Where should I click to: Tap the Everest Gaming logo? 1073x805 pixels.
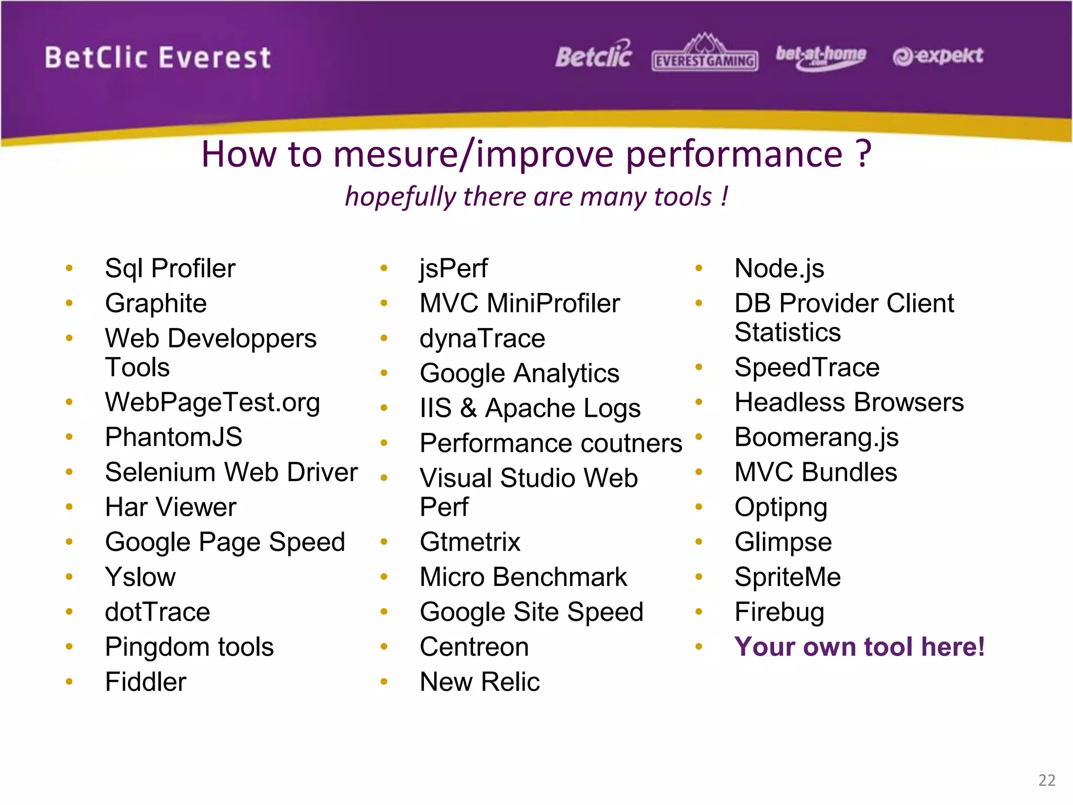click(705, 54)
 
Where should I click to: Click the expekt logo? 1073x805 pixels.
click(938, 56)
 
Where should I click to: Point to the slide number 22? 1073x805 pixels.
click(1047, 780)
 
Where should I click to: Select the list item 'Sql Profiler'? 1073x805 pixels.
click(170, 268)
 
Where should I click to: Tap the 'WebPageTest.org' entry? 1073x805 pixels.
click(212, 402)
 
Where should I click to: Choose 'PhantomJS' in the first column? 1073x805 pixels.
click(173, 437)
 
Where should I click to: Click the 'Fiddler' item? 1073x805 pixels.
click(146, 682)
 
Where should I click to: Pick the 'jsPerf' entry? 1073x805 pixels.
click(454, 268)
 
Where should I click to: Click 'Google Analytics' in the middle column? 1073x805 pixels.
click(519, 373)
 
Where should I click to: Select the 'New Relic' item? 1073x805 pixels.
click(479, 682)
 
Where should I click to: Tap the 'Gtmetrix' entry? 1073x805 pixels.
click(470, 542)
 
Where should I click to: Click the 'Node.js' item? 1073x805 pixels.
click(779, 268)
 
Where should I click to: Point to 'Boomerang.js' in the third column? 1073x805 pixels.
click(816, 437)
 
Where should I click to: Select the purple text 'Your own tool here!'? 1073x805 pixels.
click(859, 647)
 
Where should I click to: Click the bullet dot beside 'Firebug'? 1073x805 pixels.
click(698, 612)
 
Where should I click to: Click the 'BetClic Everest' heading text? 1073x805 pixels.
click(158, 57)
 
